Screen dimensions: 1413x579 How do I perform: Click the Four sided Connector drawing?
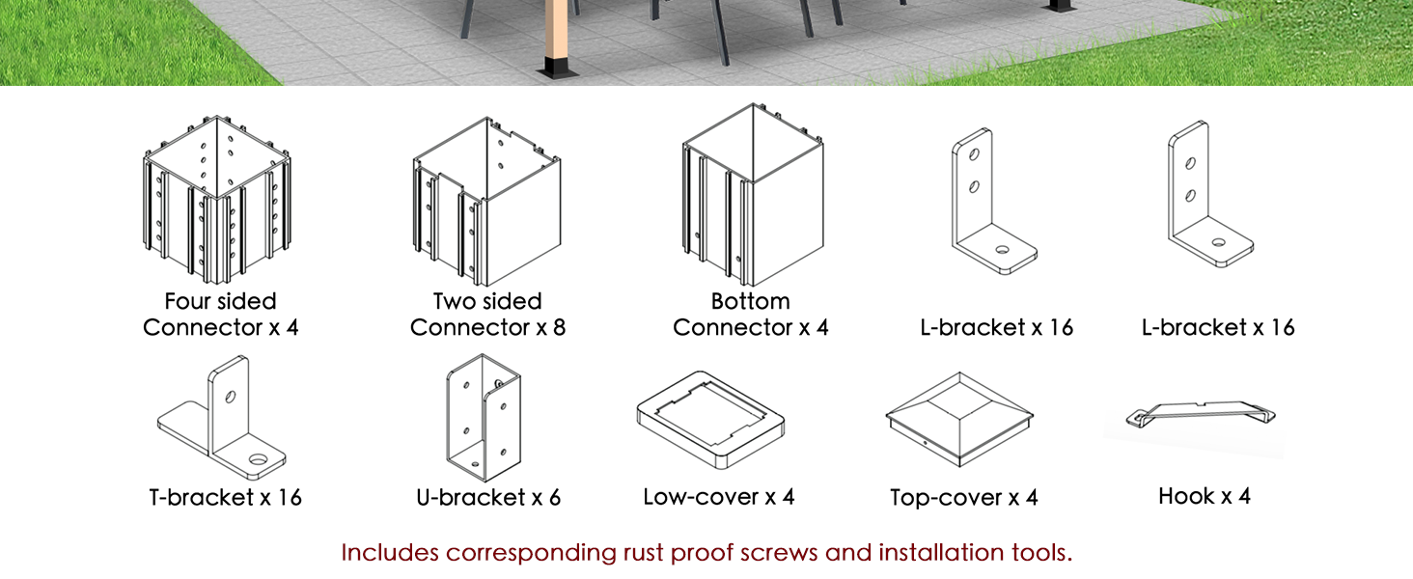tap(217, 200)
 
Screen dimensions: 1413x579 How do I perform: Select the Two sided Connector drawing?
tap(486, 201)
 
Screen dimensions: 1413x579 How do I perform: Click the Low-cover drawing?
tap(711, 420)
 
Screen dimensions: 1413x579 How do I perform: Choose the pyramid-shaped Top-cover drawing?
tap(958, 420)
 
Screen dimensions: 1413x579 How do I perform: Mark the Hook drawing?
tap(1201, 414)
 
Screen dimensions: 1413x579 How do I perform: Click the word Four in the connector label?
tap(184, 301)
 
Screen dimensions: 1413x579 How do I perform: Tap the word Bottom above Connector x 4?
tap(751, 301)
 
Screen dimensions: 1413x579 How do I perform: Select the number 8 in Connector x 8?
tap(559, 328)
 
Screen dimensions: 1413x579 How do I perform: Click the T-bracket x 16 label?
tap(225, 498)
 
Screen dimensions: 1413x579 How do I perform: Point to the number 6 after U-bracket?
tap(554, 498)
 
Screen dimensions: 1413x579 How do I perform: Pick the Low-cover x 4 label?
tap(718, 497)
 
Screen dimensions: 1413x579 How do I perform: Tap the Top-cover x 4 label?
tap(964, 498)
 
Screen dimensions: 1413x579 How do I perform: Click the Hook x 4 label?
tap(1205, 496)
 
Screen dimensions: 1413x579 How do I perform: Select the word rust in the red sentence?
tap(644, 553)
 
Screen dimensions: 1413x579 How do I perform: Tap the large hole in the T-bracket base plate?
tap(258, 459)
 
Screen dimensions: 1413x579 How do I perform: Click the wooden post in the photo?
tap(557, 29)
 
